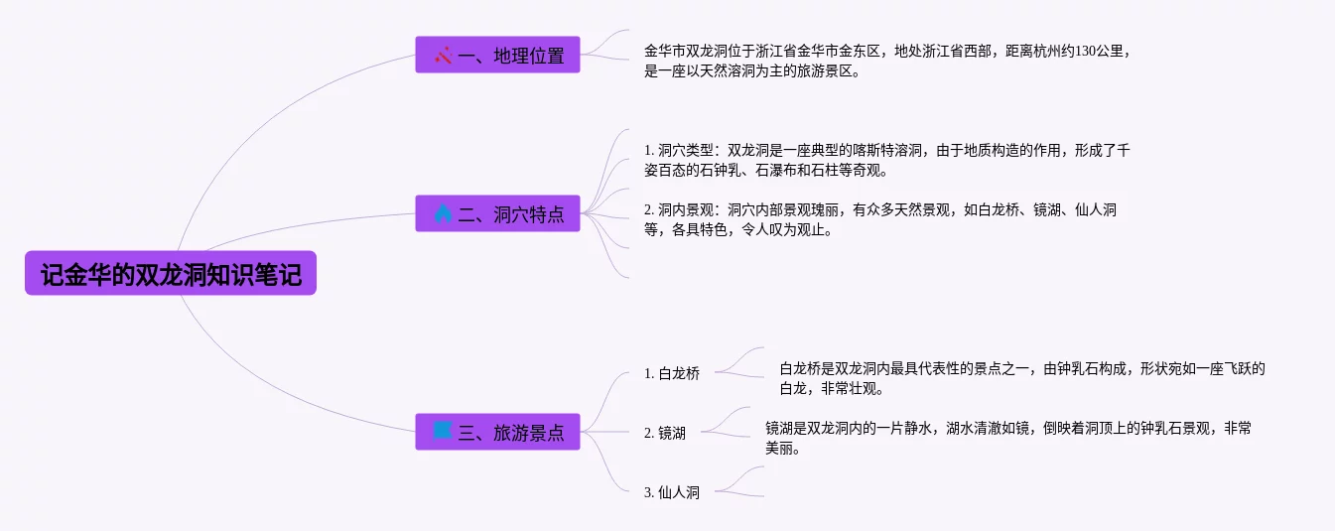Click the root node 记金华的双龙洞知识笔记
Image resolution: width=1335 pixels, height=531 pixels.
(x=171, y=273)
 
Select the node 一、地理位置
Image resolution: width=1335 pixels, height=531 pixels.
(x=497, y=55)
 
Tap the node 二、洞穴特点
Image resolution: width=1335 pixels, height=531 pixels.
(x=497, y=213)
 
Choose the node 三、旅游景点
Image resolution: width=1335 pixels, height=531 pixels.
(x=497, y=432)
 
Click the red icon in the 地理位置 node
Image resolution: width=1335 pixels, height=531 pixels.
(x=444, y=55)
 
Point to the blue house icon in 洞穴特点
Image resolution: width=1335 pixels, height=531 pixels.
(x=444, y=213)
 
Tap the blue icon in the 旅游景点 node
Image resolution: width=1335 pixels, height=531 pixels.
(x=444, y=431)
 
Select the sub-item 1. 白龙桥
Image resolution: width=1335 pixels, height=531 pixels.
(x=672, y=374)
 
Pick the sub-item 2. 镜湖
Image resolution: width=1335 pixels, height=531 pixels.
(x=665, y=433)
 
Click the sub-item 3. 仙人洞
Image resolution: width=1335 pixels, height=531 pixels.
(x=672, y=492)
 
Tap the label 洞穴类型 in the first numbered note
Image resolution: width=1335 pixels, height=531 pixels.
(x=686, y=151)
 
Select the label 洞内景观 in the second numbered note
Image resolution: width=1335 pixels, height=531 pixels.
(x=686, y=210)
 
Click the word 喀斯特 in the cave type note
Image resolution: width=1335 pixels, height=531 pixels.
(x=886, y=151)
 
